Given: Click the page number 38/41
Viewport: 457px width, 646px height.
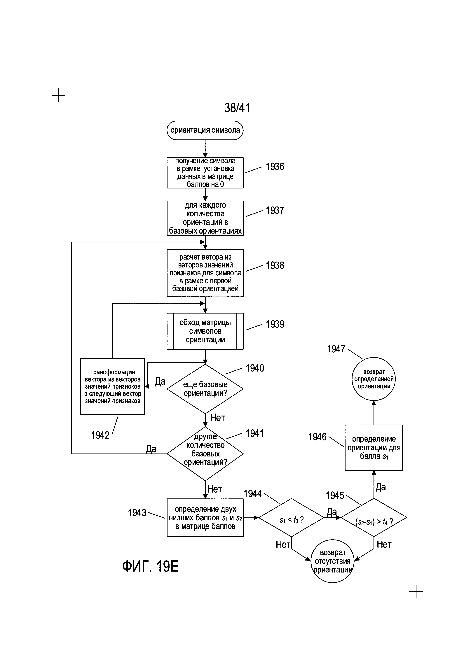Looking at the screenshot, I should click(237, 108).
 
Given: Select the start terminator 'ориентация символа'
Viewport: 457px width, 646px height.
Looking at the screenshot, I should click(205, 130).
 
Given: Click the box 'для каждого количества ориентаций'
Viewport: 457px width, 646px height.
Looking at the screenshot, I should click(205, 218).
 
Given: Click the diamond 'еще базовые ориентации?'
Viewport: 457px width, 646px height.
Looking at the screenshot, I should click(205, 389).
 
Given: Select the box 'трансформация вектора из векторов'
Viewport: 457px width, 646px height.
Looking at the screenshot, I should click(113, 386).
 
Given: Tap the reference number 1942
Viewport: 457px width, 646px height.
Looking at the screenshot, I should click(100, 435).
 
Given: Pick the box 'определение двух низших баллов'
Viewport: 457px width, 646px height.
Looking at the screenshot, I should click(205, 518).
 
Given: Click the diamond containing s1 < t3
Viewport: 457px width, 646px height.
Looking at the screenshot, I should click(291, 518).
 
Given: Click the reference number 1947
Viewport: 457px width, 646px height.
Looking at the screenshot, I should click(336, 349).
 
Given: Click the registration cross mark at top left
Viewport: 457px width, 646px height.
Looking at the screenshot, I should click(58, 95).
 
